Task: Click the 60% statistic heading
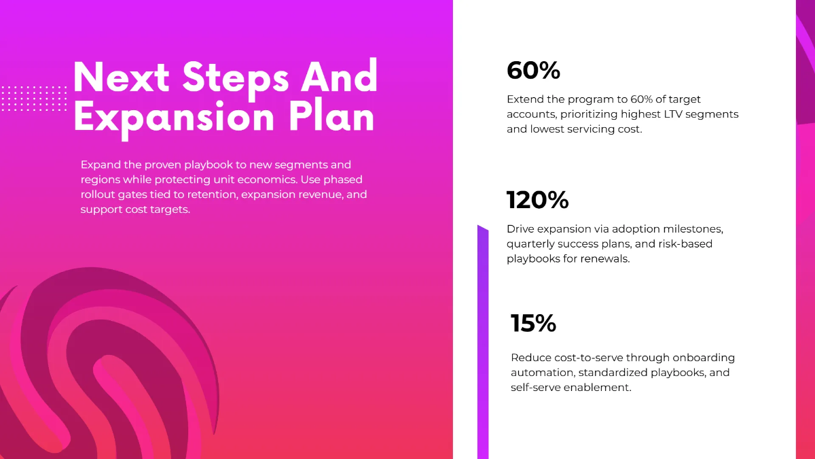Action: click(x=533, y=70)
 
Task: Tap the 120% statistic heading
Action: click(x=537, y=200)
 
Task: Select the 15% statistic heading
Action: click(x=533, y=324)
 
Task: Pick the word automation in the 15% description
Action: click(x=538, y=373)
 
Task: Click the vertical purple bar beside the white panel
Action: click(x=483, y=340)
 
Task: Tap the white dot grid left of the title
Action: click(x=34, y=99)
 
